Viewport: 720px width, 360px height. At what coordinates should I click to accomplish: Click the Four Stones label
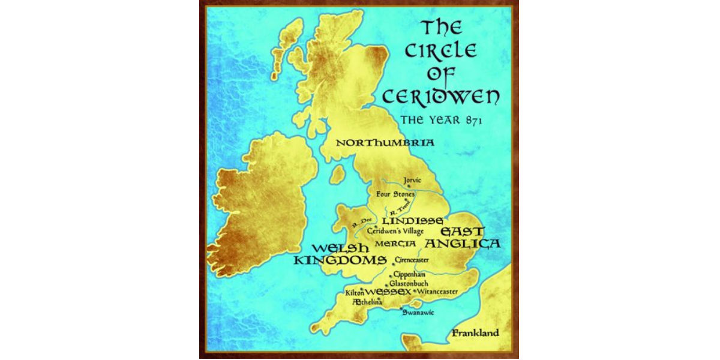(x=395, y=194)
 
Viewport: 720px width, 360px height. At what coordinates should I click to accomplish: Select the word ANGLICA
(x=463, y=244)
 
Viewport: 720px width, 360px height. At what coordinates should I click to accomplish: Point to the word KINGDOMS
(x=340, y=260)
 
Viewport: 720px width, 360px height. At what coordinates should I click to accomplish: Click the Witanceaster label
(x=437, y=292)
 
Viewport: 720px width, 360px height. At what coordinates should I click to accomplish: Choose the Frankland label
(x=475, y=333)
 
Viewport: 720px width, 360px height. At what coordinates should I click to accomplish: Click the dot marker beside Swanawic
(x=401, y=308)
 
